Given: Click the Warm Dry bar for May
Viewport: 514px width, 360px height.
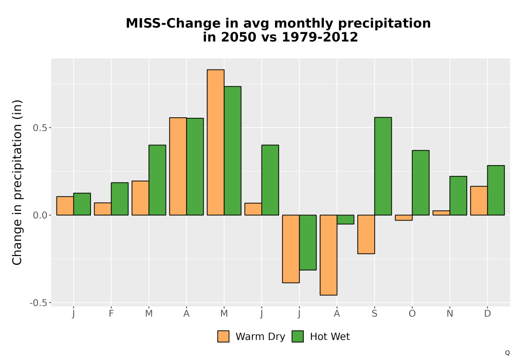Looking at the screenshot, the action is point(216,142).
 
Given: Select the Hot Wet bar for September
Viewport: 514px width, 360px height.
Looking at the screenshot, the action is point(383,166).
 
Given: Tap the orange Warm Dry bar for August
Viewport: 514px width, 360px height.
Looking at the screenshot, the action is point(328,255).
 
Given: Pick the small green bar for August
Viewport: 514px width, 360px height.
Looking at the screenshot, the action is point(345,220).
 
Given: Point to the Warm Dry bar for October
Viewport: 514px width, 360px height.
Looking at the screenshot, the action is point(403,218).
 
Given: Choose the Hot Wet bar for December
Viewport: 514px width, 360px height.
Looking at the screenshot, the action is point(496,190).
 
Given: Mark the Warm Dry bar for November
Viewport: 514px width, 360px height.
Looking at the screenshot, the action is point(441,213).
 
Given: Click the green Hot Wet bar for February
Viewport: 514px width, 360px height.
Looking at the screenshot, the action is point(120,199).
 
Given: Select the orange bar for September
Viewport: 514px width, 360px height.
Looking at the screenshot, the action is point(366,235).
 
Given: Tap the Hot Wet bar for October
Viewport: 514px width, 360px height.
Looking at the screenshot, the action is point(420,183).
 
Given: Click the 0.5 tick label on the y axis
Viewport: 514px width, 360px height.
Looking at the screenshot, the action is point(40,128).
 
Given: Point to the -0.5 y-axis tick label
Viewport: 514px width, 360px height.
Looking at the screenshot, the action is point(38,303).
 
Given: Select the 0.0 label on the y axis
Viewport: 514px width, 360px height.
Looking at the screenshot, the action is point(40,215).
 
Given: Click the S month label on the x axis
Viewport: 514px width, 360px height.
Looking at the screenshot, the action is point(374,314).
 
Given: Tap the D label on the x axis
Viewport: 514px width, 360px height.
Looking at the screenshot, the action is point(487,314).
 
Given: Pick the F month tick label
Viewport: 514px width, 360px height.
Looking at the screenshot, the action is point(111,314).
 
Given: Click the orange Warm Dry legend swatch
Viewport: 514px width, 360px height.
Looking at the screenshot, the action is point(223,336).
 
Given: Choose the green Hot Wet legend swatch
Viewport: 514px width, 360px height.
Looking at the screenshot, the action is point(298,336).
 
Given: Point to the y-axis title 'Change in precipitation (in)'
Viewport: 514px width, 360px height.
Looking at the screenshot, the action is point(17,182).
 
